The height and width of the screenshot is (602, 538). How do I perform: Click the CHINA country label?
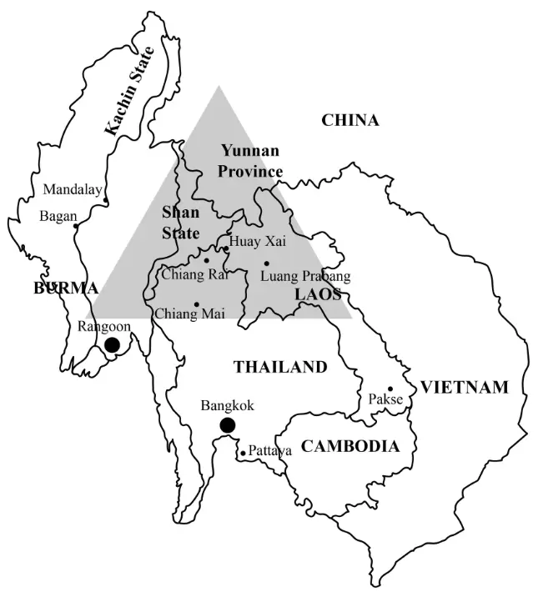click(350, 121)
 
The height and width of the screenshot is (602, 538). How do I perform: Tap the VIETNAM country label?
click(464, 387)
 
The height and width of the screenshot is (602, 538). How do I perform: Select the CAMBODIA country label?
click(350, 447)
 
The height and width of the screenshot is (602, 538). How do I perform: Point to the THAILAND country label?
click(279, 367)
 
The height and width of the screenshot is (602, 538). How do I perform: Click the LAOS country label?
click(317, 294)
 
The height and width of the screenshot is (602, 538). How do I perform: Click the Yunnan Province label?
click(250, 161)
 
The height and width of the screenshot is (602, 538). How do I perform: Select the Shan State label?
click(180, 222)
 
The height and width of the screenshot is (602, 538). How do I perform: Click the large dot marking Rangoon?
click(112, 345)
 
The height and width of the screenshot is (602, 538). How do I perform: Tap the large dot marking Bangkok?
click(227, 426)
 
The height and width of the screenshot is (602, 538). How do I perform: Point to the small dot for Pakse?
click(390, 389)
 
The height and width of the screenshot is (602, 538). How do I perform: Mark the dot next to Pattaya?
click(243, 454)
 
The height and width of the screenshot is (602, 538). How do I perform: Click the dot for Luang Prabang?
click(267, 263)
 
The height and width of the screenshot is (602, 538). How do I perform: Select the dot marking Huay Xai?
click(225, 248)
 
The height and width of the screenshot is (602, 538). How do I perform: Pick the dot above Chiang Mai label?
click(197, 304)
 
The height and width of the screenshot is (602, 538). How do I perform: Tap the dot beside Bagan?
click(76, 226)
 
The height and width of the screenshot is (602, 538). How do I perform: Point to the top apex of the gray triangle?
click(219, 86)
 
